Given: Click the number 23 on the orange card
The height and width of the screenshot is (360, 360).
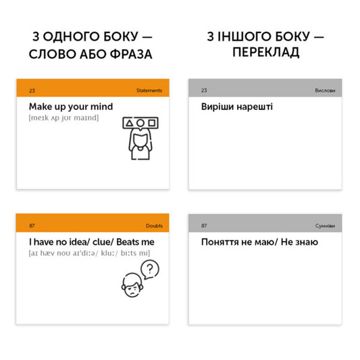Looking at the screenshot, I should (32, 90).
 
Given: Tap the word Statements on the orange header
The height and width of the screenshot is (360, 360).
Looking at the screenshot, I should (149, 90).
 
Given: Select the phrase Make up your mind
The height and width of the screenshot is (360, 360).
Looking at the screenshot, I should (71, 107).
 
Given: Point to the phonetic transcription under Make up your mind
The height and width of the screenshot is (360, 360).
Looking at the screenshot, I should (64, 118).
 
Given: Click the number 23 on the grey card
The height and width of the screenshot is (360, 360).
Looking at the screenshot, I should (204, 90).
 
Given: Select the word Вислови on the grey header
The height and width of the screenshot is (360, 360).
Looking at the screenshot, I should (324, 90).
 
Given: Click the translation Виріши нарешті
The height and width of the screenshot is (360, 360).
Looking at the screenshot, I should (237, 107).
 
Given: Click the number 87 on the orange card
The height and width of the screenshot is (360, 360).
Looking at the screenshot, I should (32, 225).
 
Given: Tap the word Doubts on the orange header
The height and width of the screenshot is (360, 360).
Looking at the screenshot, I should (154, 225).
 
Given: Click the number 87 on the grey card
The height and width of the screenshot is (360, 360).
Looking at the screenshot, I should (204, 225).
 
